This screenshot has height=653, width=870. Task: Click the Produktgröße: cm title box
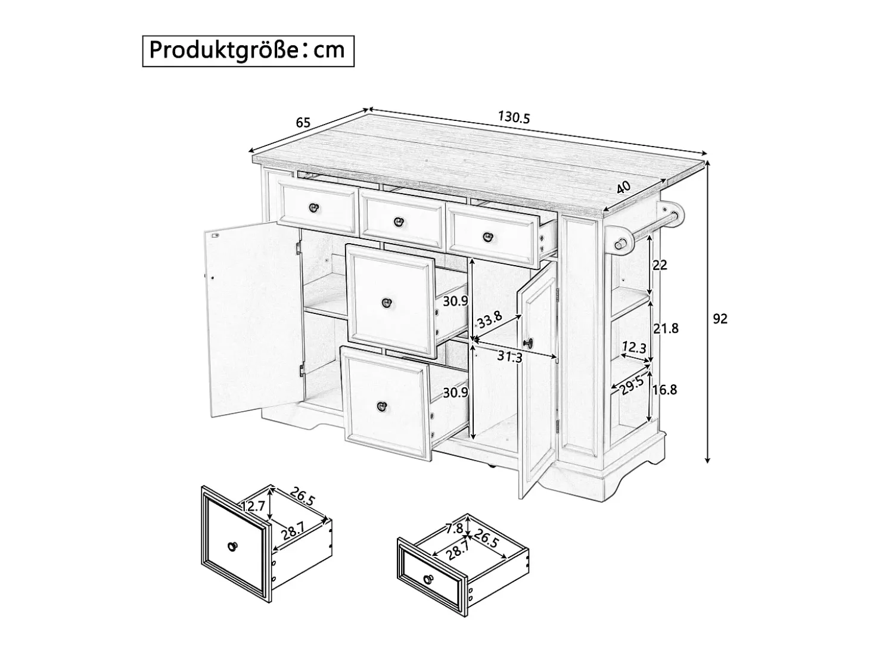(x=248, y=51)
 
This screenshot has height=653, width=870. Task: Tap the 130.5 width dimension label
(x=514, y=117)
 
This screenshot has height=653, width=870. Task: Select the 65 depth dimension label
(x=303, y=123)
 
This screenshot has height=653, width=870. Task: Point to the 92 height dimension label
(x=720, y=319)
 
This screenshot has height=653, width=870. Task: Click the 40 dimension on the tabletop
(x=623, y=186)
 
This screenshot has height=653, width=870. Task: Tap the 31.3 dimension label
(x=509, y=357)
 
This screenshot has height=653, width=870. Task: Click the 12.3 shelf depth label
(x=633, y=347)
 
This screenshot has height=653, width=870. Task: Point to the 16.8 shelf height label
(x=664, y=390)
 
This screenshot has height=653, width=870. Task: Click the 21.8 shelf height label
(x=666, y=328)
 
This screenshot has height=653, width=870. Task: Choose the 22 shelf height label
(x=660, y=265)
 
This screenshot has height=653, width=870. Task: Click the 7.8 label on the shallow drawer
(x=454, y=528)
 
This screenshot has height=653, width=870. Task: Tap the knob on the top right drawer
(x=488, y=237)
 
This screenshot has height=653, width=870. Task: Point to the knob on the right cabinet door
(x=529, y=342)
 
